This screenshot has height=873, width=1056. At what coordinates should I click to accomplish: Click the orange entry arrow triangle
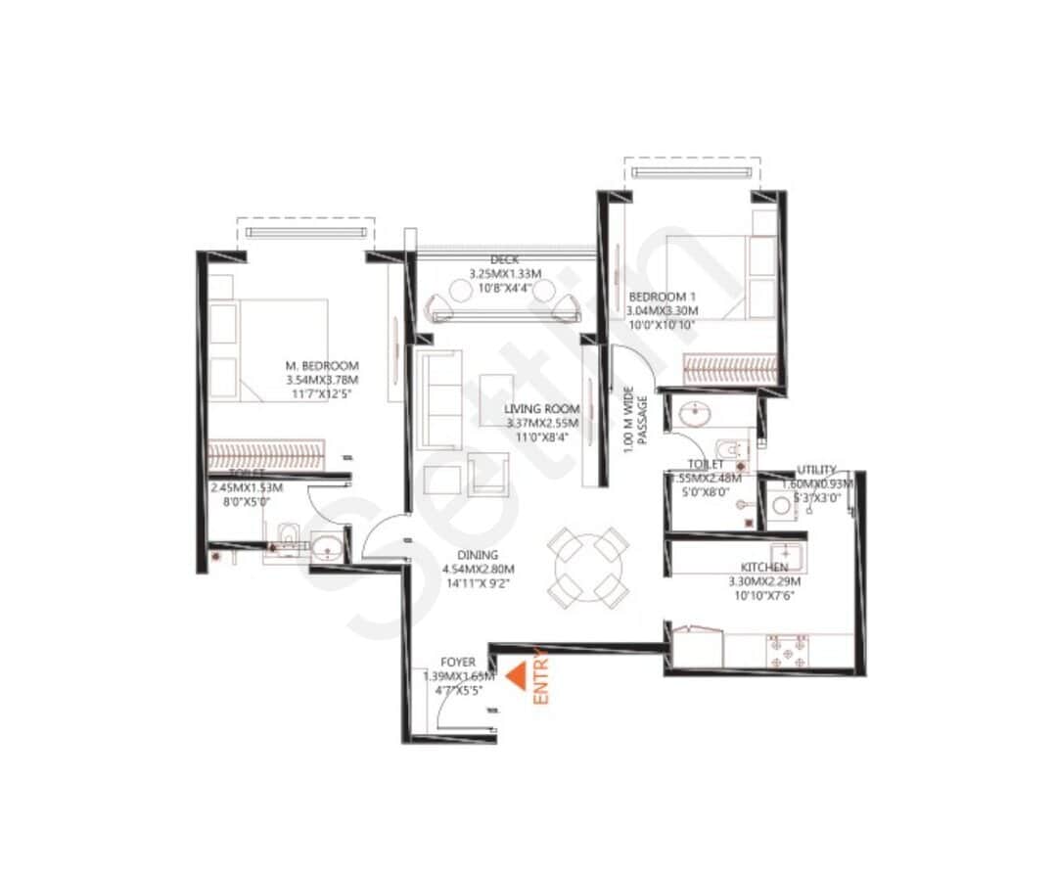515,676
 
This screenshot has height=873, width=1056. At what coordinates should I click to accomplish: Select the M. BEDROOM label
322,365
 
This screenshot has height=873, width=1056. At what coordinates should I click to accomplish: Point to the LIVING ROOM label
542,409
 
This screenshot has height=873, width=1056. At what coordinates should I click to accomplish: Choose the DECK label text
505,259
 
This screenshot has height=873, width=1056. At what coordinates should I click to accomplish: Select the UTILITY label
816,470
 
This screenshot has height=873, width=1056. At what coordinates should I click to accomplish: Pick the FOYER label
459,663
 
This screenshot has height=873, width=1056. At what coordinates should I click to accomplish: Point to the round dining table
587,567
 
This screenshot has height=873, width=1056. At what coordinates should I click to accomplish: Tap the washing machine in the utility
782,506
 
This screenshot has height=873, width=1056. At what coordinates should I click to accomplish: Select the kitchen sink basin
787,557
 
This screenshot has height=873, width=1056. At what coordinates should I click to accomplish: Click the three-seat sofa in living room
437,399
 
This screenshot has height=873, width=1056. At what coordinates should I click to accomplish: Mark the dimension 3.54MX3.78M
322,380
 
